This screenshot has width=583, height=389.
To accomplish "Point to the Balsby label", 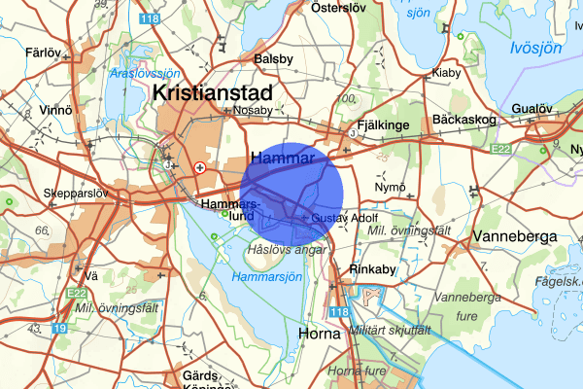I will [272, 59].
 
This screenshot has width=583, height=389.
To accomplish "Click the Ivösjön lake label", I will [536, 47].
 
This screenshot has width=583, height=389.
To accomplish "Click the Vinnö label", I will [51, 110].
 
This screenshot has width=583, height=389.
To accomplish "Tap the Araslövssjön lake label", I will [146, 73].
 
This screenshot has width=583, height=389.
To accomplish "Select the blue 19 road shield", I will [61, 329].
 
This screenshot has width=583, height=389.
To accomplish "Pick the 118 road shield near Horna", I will [337, 311].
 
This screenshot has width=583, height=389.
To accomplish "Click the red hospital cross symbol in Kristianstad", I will [200, 167].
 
